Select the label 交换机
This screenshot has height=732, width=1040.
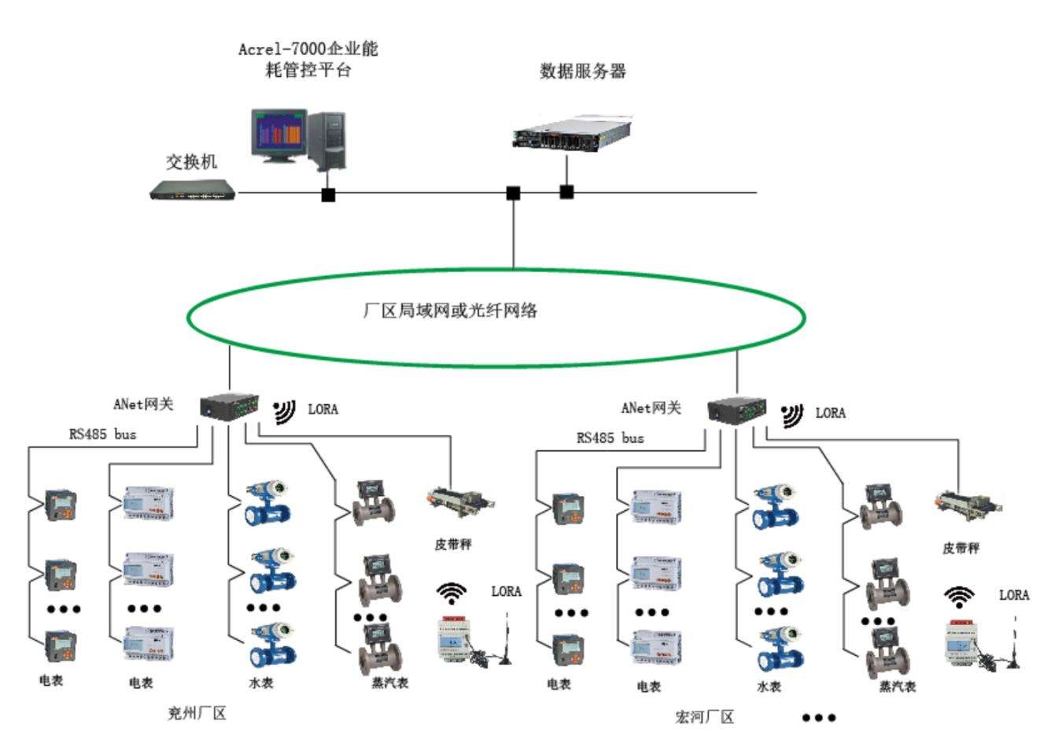point(191,162)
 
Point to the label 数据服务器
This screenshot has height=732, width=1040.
point(583,72)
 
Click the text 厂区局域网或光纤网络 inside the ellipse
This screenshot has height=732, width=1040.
point(451,311)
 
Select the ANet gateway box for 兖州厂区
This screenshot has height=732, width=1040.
point(230,406)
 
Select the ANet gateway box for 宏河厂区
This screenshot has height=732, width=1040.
point(737,410)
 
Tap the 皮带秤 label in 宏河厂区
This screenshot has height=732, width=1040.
point(961,548)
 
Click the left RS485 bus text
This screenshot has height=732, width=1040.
point(102,434)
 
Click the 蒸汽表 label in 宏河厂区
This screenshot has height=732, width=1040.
point(898,686)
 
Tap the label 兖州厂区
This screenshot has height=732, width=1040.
point(197,714)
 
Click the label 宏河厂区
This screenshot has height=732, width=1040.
point(705,717)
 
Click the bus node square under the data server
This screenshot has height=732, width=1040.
point(566,191)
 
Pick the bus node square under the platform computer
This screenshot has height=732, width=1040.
point(328,194)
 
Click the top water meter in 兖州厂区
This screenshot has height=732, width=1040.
point(267,506)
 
